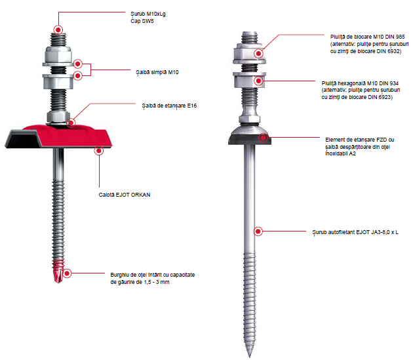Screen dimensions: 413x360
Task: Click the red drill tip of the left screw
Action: tap(58, 271)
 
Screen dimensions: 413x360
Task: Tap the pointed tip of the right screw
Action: tap(250, 357)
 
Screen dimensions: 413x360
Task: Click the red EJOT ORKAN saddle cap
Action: tap(58, 136)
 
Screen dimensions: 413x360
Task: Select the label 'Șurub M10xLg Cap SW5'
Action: tap(148, 18)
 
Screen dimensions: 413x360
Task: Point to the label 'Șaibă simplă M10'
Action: tap(157, 73)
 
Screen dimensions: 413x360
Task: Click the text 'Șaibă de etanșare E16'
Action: tap(169, 106)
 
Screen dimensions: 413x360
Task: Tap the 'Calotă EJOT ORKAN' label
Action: tap(125, 195)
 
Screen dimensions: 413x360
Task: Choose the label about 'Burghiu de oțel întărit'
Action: tap(153, 278)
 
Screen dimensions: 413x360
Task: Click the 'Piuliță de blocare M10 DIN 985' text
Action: tap(367, 37)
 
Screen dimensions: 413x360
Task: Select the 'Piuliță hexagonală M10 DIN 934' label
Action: tap(360, 83)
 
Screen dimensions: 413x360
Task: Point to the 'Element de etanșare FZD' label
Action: tap(359, 146)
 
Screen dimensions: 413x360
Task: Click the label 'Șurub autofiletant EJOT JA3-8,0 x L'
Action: tap(355, 232)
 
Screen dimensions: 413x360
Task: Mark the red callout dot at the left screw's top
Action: tap(58, 30)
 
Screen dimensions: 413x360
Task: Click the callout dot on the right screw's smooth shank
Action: tap(258, 231)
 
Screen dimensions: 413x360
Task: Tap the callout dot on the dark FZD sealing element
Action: tap(263, 137)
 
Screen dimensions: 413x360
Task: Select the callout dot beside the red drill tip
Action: tap(67, 273)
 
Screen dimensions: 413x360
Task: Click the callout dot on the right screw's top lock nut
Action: tap(259, 54)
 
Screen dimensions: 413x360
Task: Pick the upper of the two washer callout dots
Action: tap(78, 64)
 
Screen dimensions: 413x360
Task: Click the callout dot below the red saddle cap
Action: tap(99, 151)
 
